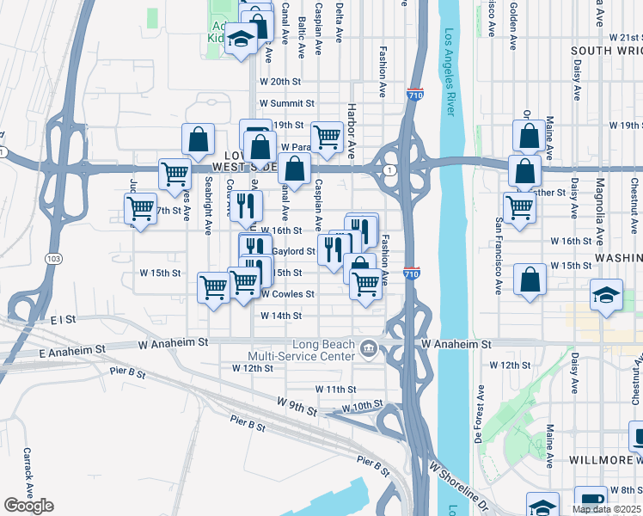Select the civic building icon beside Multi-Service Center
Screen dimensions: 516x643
(369, 348)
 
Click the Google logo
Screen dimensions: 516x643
(28, 506)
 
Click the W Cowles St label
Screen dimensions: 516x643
(287, 294)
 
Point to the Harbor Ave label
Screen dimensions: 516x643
(351, 129)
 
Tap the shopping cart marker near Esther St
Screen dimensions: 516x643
(520, 206)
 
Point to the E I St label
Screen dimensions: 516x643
(64, 319)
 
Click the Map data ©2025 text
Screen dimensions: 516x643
(605, 508)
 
